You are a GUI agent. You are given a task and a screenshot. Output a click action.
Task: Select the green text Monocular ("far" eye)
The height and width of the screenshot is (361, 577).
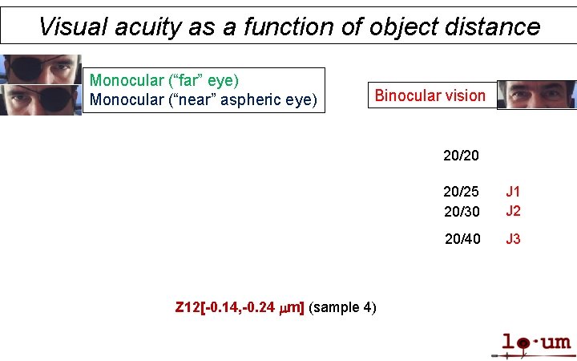pyautogui.click(x=164, y=80)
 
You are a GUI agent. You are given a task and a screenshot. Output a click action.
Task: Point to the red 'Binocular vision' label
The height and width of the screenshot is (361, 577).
pyautogui.click(x=430, y=95)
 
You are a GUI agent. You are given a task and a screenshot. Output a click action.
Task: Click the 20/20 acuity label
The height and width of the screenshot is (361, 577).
pyautogui.click(x=461, y=155)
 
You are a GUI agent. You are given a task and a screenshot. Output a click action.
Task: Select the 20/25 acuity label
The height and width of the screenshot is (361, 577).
pyautogui.click(x=461, y=192)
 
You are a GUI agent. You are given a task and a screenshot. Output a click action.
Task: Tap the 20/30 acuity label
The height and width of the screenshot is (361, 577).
pyautogui.click(x=461, y=211)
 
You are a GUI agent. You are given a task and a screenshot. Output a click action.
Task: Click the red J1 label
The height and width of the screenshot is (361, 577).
pyautogui.click(x=513, y=192)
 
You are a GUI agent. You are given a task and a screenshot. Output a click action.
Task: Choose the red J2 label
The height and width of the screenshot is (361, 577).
pyautogui.click(x=513, y=211)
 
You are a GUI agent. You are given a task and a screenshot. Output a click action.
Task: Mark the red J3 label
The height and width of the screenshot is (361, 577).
pyautogui.click(x=513, y=239)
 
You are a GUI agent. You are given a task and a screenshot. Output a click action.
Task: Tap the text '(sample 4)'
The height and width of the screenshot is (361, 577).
pyautogui.click(x=343, y=307)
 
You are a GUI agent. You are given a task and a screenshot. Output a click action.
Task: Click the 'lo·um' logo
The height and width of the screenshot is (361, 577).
pyautogui.click(x=535, y=344)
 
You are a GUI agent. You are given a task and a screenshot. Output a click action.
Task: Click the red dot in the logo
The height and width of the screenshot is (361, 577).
pyautogui.click(x=523, y=344)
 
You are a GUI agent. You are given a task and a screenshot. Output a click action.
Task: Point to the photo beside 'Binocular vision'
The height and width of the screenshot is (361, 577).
pyautogui.click(x=536, y=94)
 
